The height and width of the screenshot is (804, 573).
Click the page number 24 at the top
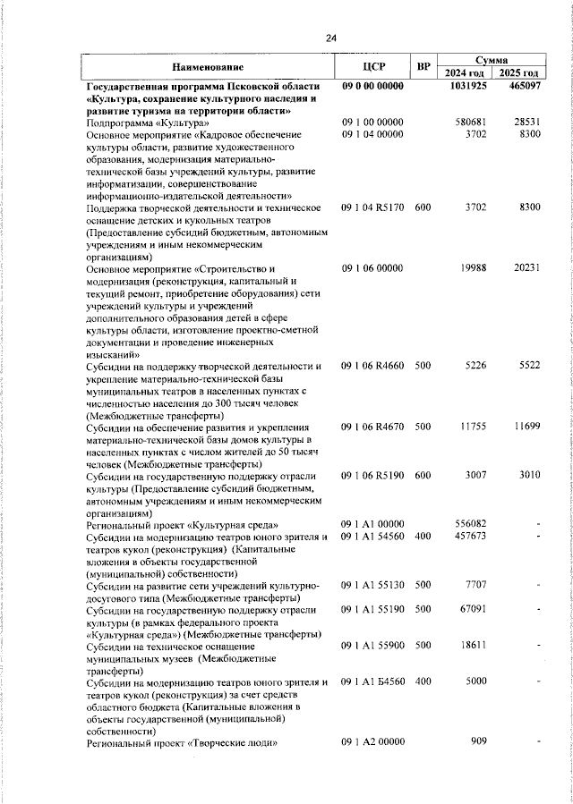click(x=331, y=38)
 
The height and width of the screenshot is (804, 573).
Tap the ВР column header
click(x=423, y=67)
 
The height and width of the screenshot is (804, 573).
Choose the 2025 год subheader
click(x=519, y=73)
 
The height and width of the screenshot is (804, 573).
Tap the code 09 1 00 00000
click(x=373, y=122)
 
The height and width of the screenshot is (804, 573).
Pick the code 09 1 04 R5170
click(x=373, y=207)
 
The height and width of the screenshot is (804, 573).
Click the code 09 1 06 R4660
click(x=373, y=366)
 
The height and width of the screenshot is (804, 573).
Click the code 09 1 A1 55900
click(x=373, y=646)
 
